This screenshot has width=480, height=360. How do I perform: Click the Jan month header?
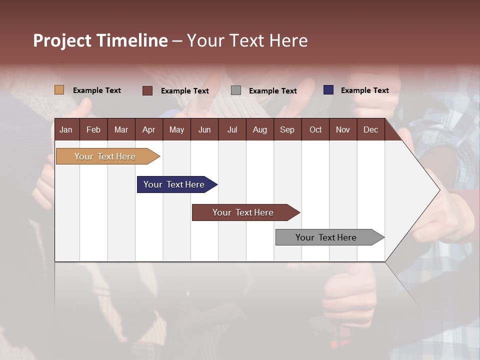pos(66,129)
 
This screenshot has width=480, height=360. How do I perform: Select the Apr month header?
pos(148,129)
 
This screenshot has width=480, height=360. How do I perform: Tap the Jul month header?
pos(232,129)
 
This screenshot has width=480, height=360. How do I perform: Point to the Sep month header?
pos(287,129)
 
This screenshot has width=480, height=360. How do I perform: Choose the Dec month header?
pos(370,129)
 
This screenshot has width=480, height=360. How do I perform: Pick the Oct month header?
pos(315,129)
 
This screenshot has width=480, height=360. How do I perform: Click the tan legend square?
pos(59,90)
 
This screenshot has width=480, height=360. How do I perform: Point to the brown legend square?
pos(147,90)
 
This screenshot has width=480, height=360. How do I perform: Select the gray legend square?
pos(236,90)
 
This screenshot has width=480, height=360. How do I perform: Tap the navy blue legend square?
pos(328,90)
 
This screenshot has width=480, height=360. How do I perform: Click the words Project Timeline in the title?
pos(100,40)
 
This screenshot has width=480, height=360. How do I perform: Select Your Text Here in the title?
pos(247,40)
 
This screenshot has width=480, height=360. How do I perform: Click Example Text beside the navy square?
pos(364,90)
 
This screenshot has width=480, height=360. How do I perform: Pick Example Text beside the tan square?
pos(97,90)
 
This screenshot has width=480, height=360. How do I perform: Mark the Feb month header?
pos(93,129)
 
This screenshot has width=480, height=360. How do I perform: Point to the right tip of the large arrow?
pos(439,190)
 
